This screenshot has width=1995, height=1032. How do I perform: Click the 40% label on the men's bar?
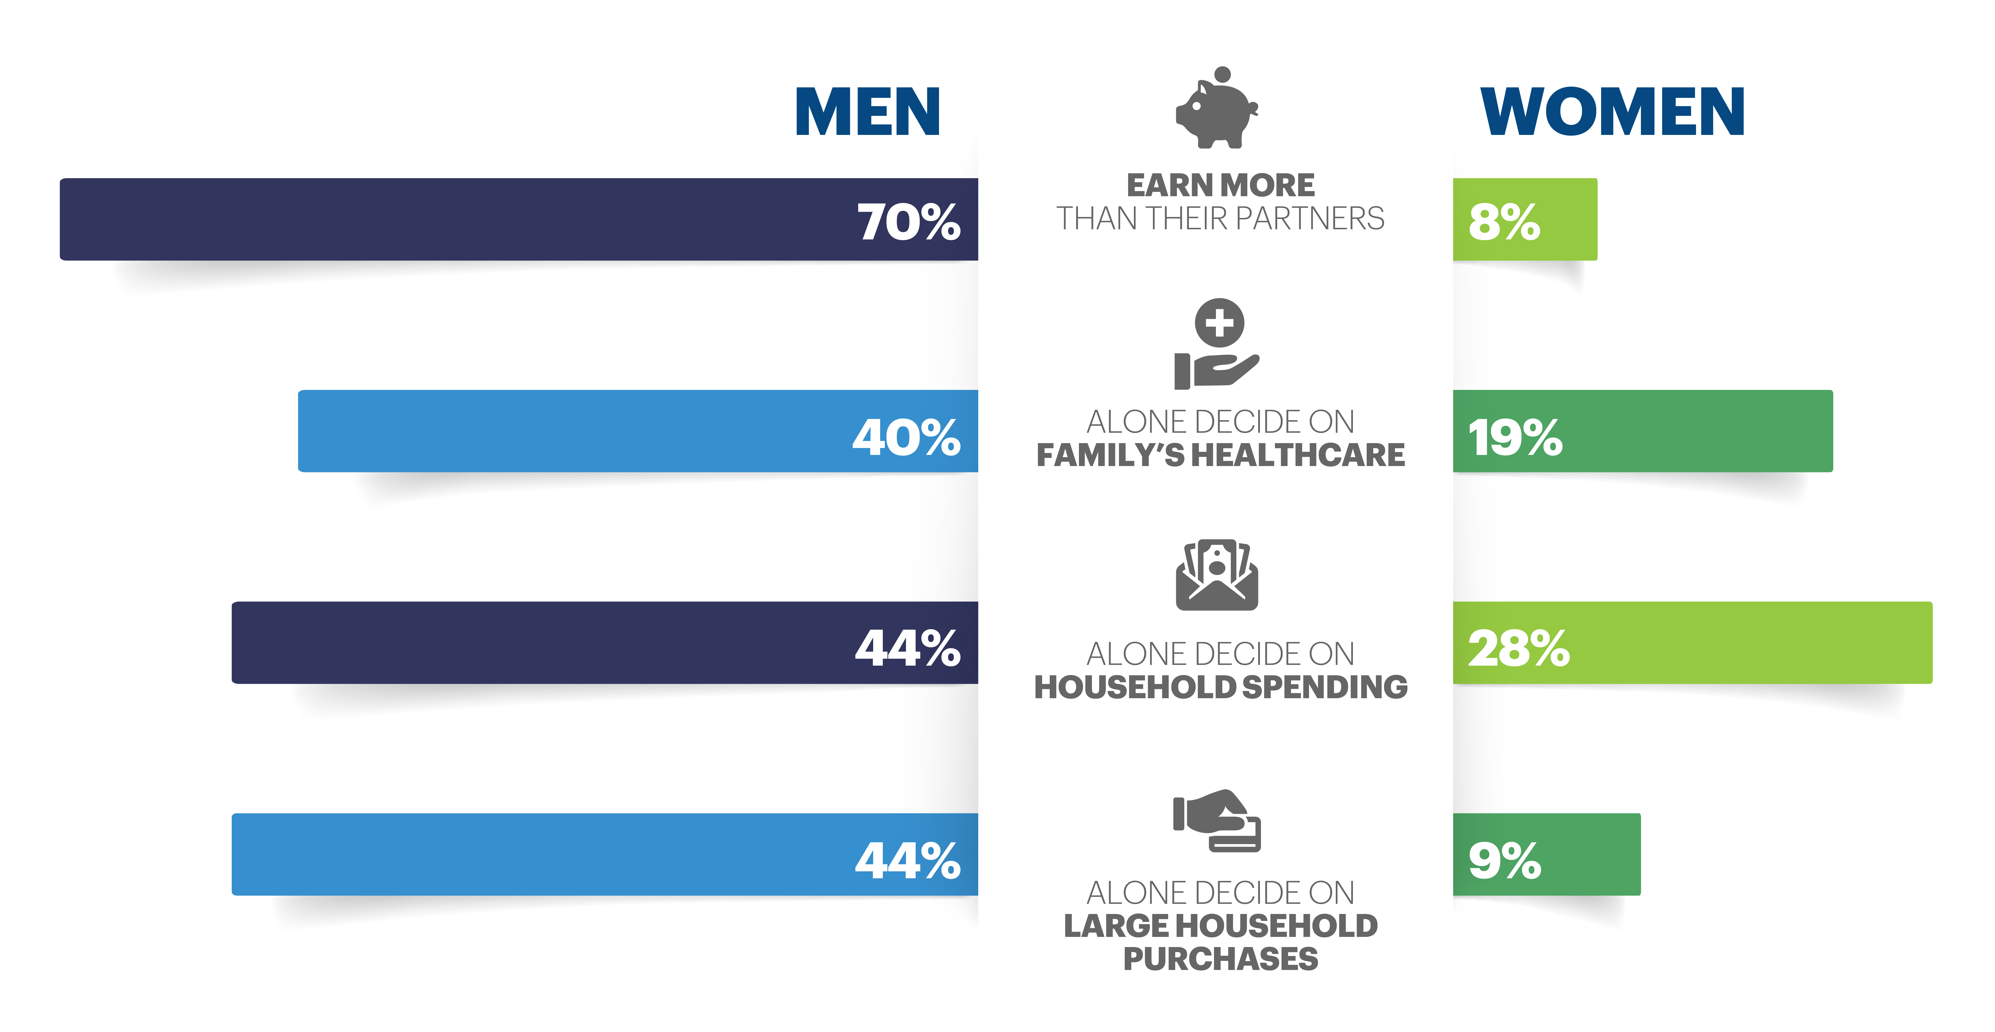(906, 437)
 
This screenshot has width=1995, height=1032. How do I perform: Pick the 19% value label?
(1515, 437)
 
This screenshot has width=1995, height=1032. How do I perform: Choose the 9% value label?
(1504, 860)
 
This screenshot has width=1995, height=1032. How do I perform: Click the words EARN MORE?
(1220, 185)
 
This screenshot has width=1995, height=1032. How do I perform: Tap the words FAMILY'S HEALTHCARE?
(1220, 455)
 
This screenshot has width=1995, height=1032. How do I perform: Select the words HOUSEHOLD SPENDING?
(1220, 686)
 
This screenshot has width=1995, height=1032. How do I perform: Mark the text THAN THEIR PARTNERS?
(1220, 218)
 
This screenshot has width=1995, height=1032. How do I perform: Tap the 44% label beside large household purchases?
(908, 860)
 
